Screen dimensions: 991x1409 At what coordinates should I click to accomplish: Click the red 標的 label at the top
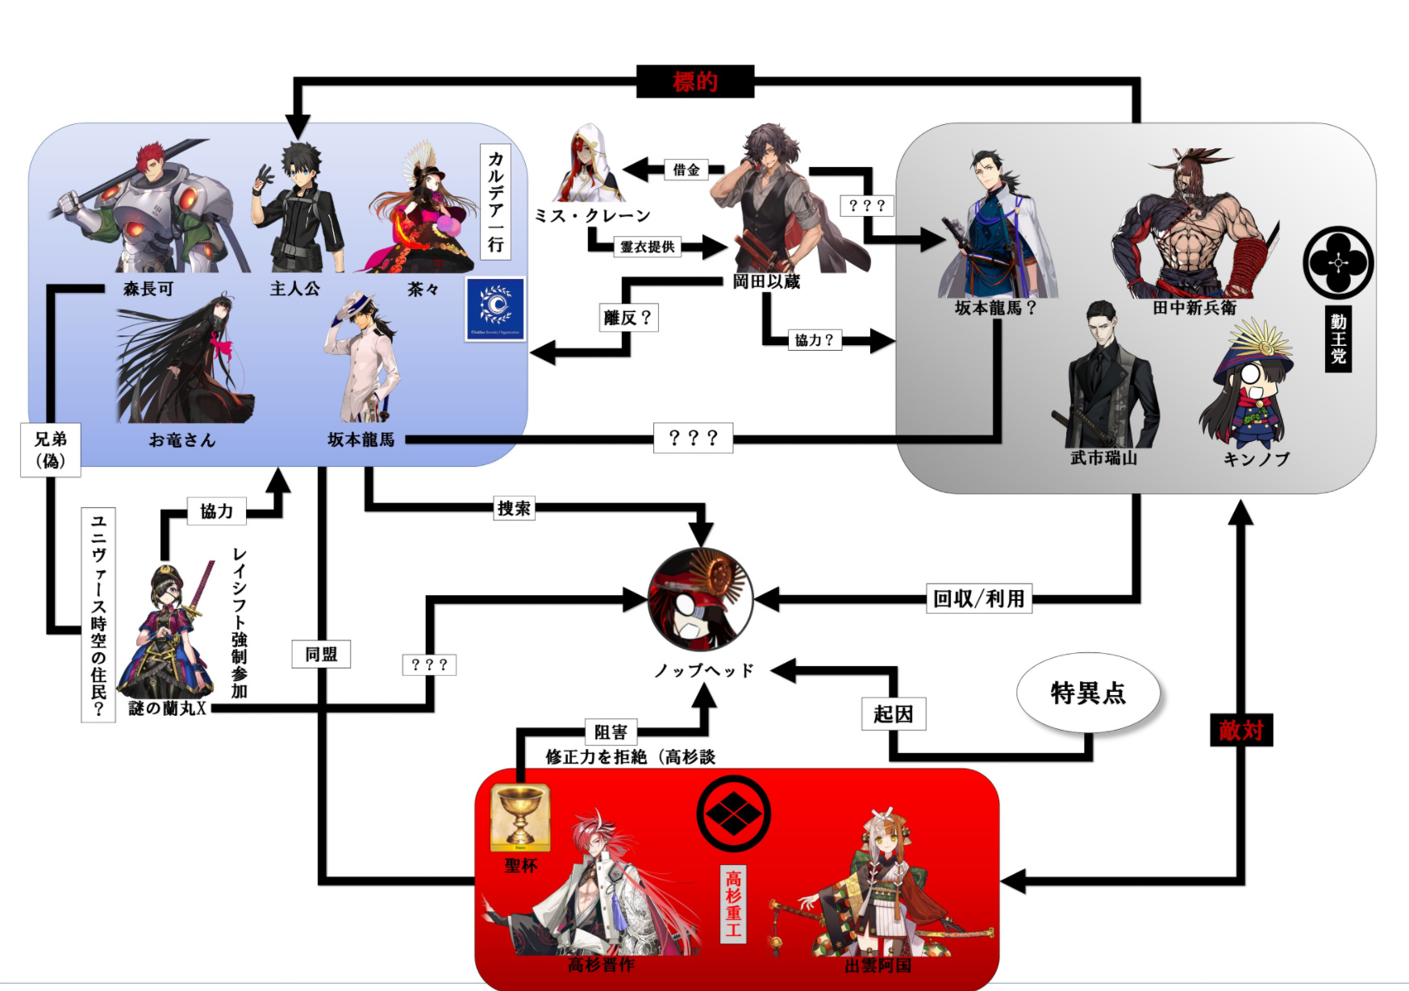click(694, 81)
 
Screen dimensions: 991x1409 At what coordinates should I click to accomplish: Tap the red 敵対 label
click(1240, 731)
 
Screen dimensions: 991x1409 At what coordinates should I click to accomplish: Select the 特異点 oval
click(1087, 693)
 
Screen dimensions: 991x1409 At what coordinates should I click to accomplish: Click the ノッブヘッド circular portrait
click(701, 600)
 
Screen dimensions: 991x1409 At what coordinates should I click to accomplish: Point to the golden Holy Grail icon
click(520, 818)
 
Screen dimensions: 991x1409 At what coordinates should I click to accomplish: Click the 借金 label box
click(686, 169)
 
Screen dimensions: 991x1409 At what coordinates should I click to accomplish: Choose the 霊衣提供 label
click(647, 247)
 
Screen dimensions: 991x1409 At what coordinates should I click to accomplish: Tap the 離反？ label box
click(628, 318)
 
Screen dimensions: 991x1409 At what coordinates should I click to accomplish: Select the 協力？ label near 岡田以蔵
click(814, 340)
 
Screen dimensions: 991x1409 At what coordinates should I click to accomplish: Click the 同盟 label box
click(321, 654)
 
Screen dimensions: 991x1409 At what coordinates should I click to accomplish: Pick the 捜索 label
click(514, 508)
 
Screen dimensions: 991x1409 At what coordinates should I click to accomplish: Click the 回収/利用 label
click(978, 598)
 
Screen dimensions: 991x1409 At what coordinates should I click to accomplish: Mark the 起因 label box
click(893, 714)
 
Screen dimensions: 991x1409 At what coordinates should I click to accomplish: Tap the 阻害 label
click(611, 731)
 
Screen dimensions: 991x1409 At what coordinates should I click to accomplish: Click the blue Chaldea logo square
click(496, 309)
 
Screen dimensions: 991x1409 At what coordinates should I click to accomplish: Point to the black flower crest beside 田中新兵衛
click(1338, 263)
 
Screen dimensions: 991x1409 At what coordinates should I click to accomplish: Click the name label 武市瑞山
click(1103, 458)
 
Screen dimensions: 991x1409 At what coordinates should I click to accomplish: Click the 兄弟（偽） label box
click(50, 450)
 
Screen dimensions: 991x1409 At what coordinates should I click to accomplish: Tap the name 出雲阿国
click(877, 965)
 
